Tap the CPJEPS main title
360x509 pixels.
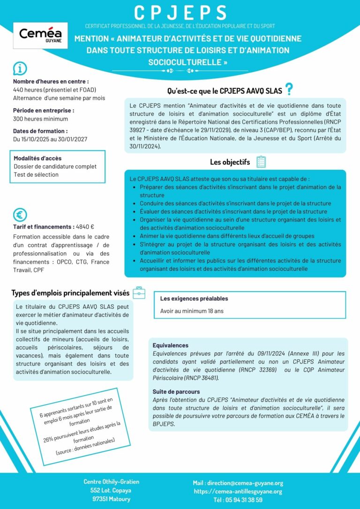tap(180, 12)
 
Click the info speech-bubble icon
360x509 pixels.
tap(20, 69)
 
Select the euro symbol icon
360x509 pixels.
tap(20, 215)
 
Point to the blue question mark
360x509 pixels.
tap(289, 89)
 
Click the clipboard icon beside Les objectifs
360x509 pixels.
tap(261, 162)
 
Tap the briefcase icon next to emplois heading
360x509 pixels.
tap(139, 293)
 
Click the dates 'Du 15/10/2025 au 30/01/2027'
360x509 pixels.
tap(50, 139)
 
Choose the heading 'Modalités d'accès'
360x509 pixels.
tap(37, 158)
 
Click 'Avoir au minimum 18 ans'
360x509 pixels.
tap(192, 311)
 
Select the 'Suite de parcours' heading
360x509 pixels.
tap(176, 391)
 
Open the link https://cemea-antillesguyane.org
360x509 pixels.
tap(238, 491)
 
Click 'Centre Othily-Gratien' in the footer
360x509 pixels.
tap(111, 482)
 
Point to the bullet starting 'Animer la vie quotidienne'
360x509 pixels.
tap(227, 236)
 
